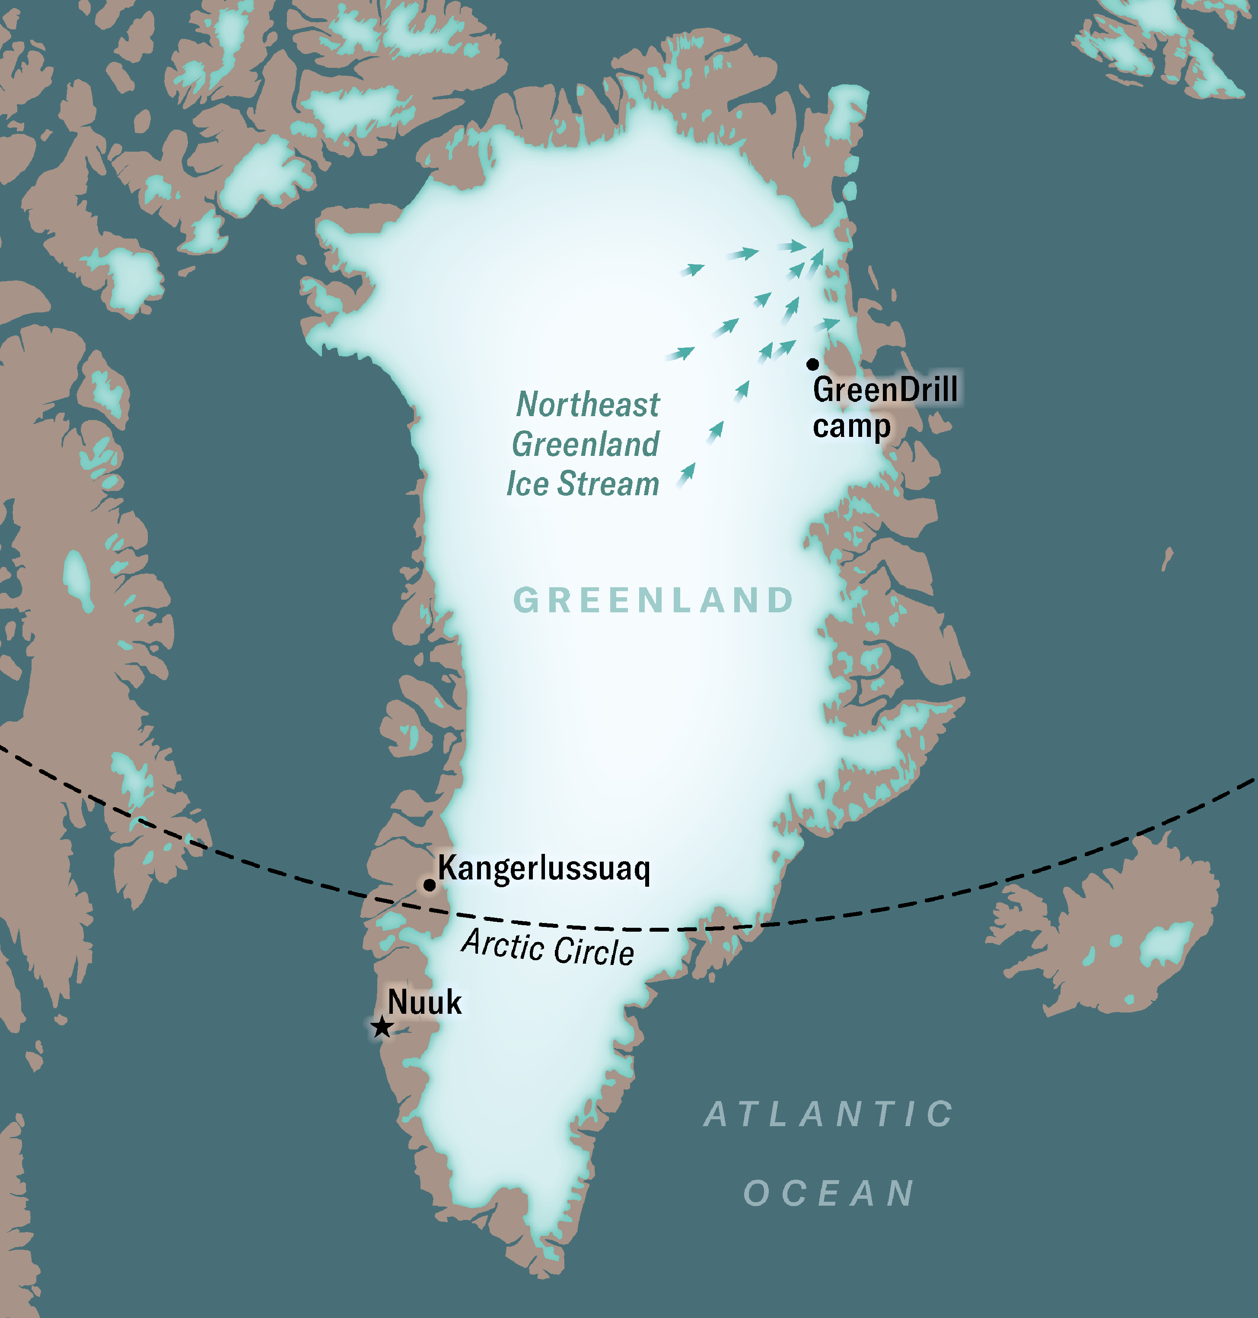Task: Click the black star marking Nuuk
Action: coord(382,1026)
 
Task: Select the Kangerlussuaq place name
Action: coord(544,869)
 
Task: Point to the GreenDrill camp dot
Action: coord(813,364)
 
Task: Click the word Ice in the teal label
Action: coord(528,484)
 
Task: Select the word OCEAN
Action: coord(829,1193)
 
